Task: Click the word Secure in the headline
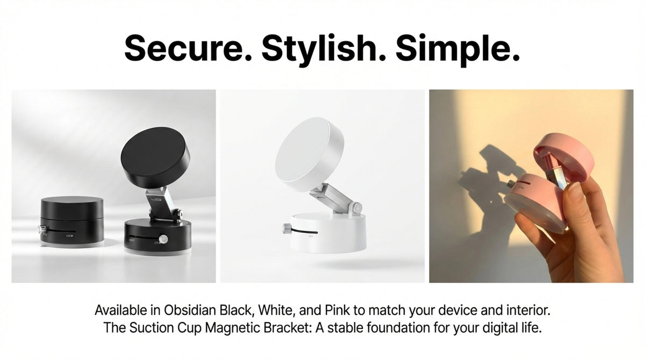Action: [188, 48]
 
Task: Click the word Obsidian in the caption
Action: [190, 310]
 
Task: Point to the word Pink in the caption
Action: [338, 310]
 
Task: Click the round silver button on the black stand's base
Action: [163, 239]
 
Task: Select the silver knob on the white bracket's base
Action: [287, 229]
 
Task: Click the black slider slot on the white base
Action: [304, 232]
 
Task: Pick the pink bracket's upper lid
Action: [564, 157]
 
